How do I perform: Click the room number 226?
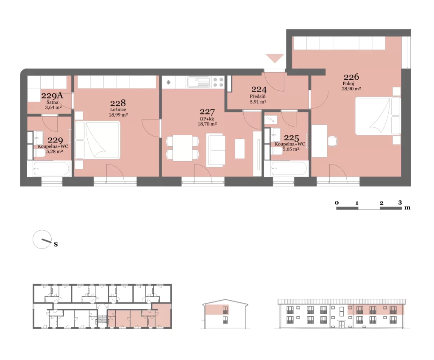pos(351,77)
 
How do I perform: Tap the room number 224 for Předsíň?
pos(259,89)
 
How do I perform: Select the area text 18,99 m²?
pos(118,114)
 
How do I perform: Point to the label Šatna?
pos(52,102)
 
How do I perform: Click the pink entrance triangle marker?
pos(275,58)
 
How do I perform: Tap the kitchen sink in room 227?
pos(199,82)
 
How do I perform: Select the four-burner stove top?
pos(218,82)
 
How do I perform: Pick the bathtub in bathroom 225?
pos(289,168)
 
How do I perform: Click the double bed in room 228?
pos(97,140)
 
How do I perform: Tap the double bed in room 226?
pos(378,116)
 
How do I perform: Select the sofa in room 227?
pos(216,150)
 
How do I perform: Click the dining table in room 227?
pos(182,148)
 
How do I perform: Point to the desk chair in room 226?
pos(333,141)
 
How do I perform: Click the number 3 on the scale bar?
pos(400,202)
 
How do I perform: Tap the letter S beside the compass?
pos(56,244)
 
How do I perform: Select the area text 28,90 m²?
pos(351,89)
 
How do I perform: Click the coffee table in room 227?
pos(240,149)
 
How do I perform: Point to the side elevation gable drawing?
pos(225,314)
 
